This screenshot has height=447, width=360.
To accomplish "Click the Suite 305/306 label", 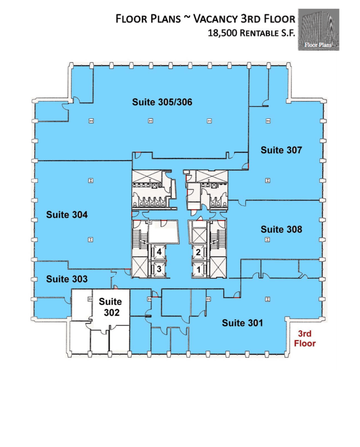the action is pyautogui.click(x=162, y=102).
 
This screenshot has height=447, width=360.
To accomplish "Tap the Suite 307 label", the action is pyautogui.click(x=281, y=150).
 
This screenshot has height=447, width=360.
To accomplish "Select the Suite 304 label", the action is pyautogui.click(x=67, y=214).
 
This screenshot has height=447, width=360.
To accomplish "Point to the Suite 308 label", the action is pyautogui.click(x=281, y=229).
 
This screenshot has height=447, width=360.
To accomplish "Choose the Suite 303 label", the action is pyautogui.click(x=67, y=279).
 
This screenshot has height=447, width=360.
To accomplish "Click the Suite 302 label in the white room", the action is pyautogui.click(x=111, y=307).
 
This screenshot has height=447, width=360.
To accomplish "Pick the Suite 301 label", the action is pyautogui.click(x=242, y=323).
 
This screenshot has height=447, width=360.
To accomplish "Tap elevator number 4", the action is pyautogui.click(x=159, y=252).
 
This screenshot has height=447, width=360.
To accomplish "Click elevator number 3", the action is pyautogui.click(x=159, y=269).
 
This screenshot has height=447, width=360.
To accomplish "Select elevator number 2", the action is pyautogui.click(x=198, y=252).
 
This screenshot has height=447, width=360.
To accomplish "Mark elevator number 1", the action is pyautogui.click(x=198, y=269).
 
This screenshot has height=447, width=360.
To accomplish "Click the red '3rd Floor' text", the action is pyautogui.click(x=305, y=339).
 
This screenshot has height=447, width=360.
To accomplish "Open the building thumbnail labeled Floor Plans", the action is pyautogui.click(x=318, y=29).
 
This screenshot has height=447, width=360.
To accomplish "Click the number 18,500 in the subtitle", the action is pyautogui.click(x=222, y=33).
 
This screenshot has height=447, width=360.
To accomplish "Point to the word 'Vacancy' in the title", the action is pyautogui.click(x=216, y=19).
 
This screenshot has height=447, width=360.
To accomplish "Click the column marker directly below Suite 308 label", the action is pyautogui.click(x=267, y=240).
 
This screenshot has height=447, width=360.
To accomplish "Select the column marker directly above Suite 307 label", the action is pyautogui.click(x=268, y=121).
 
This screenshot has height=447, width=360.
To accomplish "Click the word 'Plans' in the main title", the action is pyautogui.click(x=165, y=19).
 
